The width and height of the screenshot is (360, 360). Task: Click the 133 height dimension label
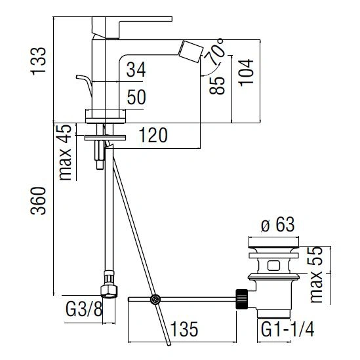(x=38, y=61)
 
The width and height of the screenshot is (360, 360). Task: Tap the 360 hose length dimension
(x=38, y=201)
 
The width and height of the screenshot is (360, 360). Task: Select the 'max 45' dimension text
(x=65, y=152)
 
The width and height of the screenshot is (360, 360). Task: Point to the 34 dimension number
(x=136, y=69)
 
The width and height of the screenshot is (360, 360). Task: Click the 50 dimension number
(x=136, y=97)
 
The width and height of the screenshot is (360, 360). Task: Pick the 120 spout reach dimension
(x=153, y=135)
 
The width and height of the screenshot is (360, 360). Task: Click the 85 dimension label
(x=217, y=85)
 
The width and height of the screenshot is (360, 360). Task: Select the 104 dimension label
(x=246, y=73)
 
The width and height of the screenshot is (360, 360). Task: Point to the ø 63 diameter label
(x=278, y=224)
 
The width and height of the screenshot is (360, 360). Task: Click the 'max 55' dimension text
(x=316, y=275)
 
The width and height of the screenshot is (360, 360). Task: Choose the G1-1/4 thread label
(x=288, y=329)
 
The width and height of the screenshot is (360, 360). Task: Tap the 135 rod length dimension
(x=184, y=329)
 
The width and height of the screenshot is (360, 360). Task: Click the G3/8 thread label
(x=84, y=309)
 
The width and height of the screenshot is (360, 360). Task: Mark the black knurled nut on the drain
(x=242, y=299)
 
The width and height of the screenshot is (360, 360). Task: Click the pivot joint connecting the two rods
(x=155, y=300)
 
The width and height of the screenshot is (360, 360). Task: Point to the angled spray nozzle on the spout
(x=191, y=52)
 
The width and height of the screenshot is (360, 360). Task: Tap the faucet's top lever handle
(x=132, y=27)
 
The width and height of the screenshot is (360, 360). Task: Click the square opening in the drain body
(x=273, y=266)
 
